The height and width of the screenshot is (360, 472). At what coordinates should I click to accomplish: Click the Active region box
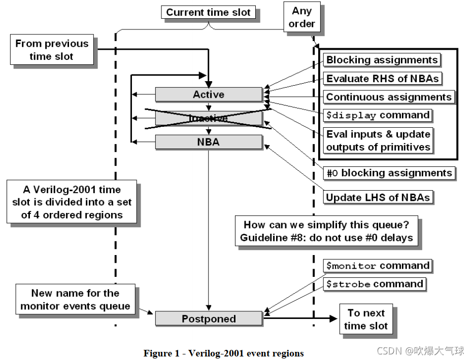point(209,94)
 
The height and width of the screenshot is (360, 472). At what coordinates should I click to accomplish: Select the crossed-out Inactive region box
point(209,118)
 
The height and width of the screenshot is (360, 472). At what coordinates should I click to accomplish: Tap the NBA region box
point(209,142)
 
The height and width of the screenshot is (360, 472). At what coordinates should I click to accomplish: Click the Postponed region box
point(209,319)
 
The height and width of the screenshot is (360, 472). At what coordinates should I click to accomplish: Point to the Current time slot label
point(209,12)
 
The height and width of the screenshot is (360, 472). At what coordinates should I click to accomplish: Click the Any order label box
point(302,17)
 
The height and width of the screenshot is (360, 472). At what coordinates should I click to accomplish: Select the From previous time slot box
point(52,50)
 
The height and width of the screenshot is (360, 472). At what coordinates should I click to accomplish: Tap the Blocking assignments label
point(382,60)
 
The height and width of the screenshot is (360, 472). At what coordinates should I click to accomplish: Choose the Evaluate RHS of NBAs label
point(383,79)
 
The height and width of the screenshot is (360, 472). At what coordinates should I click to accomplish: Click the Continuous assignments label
point(389,97)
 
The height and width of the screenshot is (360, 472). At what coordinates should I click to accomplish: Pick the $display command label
point(378,115)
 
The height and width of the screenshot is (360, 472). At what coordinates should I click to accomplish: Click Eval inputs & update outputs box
point(379,140)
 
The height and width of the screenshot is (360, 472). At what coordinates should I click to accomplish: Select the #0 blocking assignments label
point(389,173)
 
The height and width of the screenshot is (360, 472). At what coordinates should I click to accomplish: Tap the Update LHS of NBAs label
point(378,197)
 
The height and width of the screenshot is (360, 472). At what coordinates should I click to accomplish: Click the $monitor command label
point(378,266)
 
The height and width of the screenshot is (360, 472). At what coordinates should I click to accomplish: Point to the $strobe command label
point(375,284)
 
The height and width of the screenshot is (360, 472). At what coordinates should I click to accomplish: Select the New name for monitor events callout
point(75,300)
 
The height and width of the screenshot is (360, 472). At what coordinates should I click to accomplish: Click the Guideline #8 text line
point(327,237)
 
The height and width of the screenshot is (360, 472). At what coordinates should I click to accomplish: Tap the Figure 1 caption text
point(223,353)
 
